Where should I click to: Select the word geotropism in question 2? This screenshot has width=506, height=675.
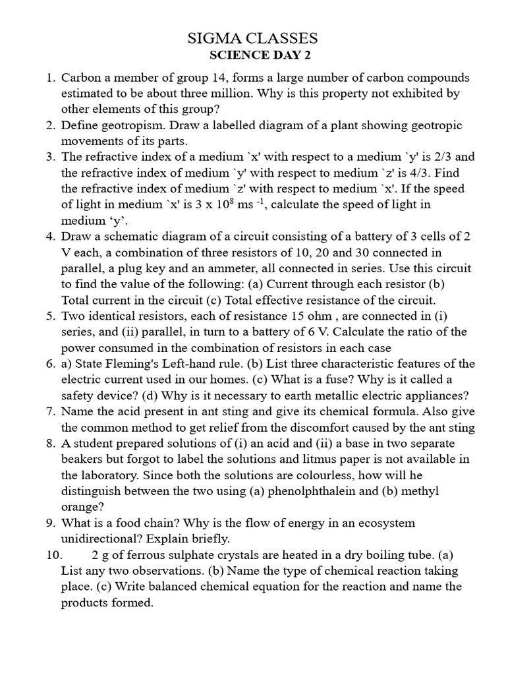(x=131, y=125)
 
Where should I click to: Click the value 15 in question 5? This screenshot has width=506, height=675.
(x=284, y=315)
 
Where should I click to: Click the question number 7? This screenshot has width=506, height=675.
(x=50, y=411)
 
